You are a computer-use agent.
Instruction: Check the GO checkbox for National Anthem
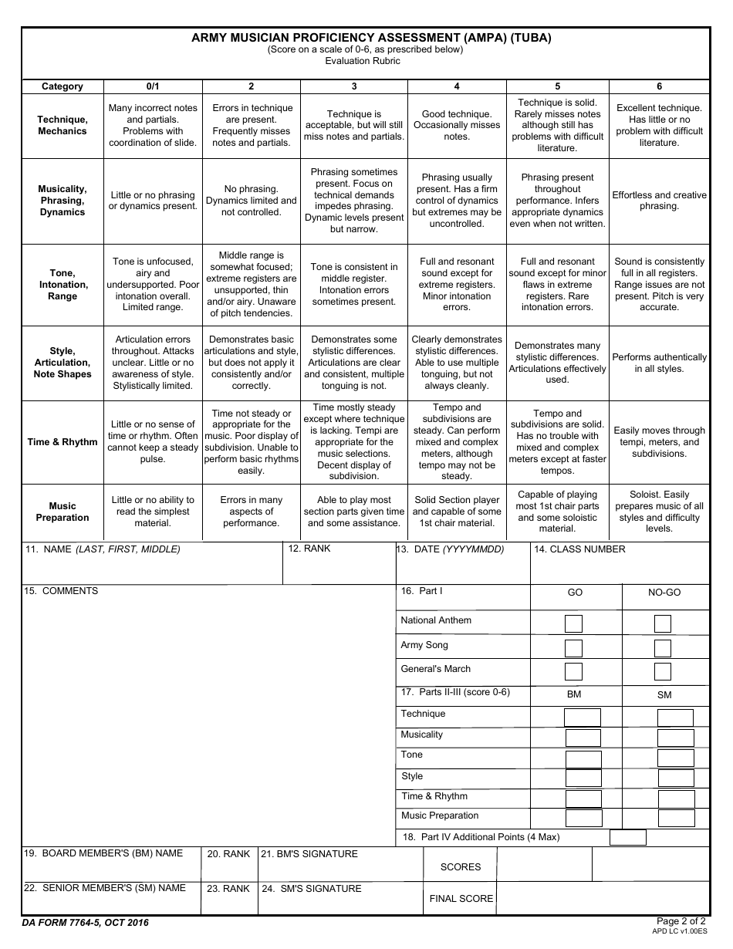573,623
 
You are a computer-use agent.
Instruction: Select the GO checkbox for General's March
573,671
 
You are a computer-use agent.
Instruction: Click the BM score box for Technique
583,717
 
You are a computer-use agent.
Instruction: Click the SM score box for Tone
676,758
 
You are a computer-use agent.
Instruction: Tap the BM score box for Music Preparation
583,818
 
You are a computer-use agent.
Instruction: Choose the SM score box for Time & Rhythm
676,799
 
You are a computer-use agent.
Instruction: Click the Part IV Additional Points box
628,837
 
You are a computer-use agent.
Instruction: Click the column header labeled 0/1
153,86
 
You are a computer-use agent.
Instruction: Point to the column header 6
659,86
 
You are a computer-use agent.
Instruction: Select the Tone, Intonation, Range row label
62,285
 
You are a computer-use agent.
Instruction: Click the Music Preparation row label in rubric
62,512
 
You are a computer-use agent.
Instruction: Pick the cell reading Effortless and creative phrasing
659,201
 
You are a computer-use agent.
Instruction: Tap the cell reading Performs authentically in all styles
659,363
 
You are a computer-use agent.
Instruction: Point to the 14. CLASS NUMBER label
579,549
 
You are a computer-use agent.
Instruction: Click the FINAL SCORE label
461,898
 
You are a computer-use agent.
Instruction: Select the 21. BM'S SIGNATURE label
309,854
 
